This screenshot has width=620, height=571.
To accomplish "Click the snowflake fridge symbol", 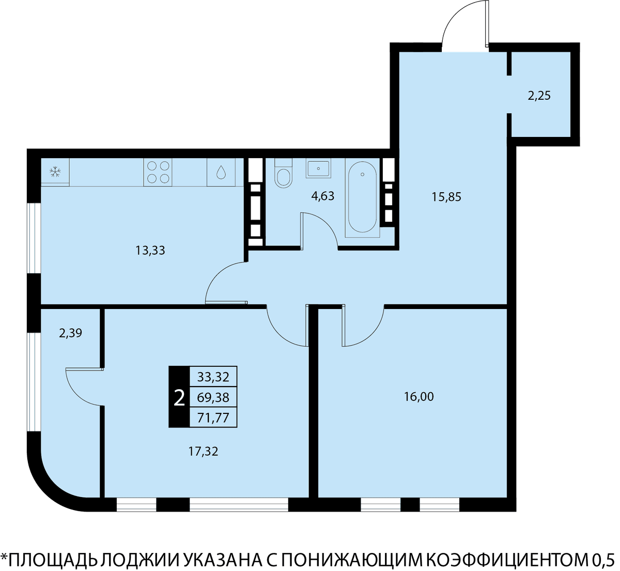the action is (55, 172).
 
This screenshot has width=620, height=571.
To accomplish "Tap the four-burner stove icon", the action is (158, 172).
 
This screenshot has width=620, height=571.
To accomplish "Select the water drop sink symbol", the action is (221, 172).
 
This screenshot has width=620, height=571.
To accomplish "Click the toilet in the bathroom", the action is (284, 174).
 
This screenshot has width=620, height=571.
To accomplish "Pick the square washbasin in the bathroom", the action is (318, 168).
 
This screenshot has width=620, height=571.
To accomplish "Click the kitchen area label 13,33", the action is (150, 250).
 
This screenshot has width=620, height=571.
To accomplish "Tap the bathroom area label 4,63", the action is (323, 196).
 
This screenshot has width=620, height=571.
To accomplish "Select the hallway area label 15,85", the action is (446, 196).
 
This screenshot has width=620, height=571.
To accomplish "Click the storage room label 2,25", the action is (539, 96).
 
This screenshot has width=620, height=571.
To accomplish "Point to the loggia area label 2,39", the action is (70, 333).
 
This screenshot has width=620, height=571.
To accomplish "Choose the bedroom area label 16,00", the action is (419, 397).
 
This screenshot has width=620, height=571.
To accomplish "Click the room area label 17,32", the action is (204, 452).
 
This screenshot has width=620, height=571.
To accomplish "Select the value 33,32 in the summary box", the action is (213, 377).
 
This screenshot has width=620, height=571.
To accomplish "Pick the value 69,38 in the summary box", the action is (213, 397).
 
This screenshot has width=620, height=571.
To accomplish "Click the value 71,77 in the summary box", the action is (213, 418).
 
